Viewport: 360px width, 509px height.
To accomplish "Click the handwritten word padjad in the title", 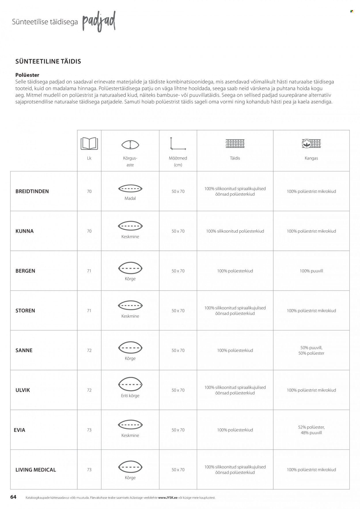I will (99, 21).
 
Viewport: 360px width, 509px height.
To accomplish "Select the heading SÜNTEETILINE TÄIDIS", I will (48, 61).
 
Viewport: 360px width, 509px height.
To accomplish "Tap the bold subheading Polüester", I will (27, 75).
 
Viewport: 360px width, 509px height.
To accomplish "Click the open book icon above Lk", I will (89, 144).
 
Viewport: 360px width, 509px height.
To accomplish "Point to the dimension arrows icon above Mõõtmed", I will (178, 144).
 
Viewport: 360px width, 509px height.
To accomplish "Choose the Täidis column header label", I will (235, 158).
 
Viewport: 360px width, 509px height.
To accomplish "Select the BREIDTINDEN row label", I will (32, 191).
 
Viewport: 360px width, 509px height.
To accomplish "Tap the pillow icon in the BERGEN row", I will (130, 268).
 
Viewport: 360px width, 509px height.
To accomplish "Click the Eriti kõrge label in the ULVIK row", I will (130, 396).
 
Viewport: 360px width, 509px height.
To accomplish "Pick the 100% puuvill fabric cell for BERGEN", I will (311, 271).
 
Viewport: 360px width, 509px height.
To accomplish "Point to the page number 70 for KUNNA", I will (89, 231).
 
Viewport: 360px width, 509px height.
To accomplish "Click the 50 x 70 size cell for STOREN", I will (178, 311).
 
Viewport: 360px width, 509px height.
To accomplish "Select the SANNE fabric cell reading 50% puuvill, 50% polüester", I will (311, 350).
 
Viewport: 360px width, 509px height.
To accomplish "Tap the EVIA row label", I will (20, 430).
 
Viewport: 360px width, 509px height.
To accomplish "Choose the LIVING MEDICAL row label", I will (36, 470).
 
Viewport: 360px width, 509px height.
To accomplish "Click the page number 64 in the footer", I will (14, 497).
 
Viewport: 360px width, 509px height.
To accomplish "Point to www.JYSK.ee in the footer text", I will (168, 497).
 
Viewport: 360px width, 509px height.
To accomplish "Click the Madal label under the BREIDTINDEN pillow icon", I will (130, 198).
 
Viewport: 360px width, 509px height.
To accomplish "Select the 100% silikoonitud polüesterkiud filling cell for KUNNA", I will (235, 231).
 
